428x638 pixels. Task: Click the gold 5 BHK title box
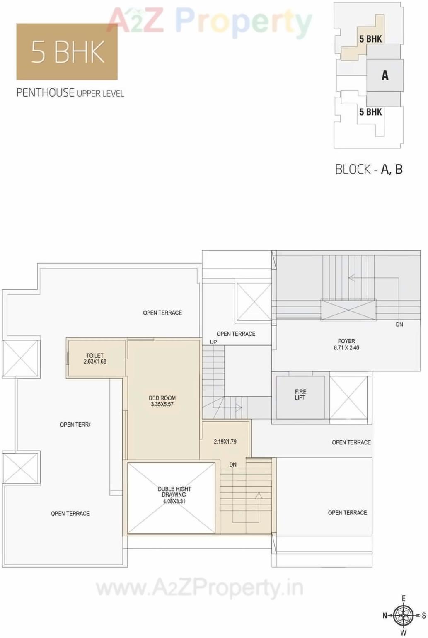coord(67,51)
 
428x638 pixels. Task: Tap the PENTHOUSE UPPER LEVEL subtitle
coord(70,92)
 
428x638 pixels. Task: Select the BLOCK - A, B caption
coord(369,169)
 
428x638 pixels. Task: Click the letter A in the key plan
coord(385,75)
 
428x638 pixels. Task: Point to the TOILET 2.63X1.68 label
coord(95,359)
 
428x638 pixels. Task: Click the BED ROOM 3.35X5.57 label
coord(162,401)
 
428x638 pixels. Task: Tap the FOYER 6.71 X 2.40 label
coord(346,344)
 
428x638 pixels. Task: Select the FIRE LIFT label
coord(300,394)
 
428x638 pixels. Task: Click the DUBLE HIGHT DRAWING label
coord(174,495)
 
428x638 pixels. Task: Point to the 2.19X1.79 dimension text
coord(225,442)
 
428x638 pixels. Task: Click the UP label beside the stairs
coord(213,342)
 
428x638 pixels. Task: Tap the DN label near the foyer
coord(399,324)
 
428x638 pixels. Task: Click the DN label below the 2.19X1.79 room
coord(233,465)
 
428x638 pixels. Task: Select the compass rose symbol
coord(403,615)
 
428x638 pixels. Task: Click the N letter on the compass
coord(385,616)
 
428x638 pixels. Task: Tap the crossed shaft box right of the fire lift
coord(348,397)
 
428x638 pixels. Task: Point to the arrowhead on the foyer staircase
coord(351,277)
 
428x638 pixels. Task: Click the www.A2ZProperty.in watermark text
coord(200,588)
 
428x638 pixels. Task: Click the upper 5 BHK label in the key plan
coord(370,39)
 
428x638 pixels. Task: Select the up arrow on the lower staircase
coord(259,496)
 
